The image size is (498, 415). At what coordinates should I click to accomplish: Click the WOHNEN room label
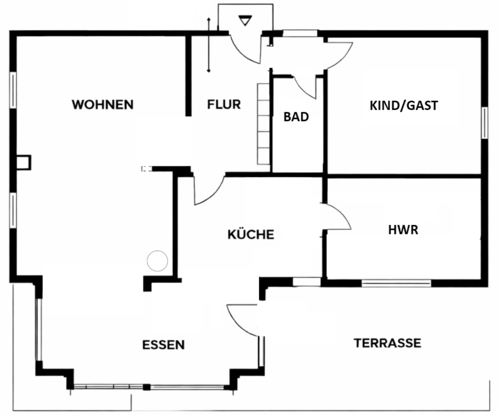103,104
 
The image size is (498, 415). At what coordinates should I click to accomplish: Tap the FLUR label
224,104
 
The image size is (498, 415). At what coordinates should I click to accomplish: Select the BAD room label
296,117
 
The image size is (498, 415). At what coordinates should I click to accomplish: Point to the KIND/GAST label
404,105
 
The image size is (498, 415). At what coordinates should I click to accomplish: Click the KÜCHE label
251,235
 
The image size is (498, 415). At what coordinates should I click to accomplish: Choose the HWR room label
403,230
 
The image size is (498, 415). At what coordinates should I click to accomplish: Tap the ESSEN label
163,345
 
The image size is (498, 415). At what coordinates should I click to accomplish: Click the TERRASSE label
387,343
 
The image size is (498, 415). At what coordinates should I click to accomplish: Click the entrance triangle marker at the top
244,21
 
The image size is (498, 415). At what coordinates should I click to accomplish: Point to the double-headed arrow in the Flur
209,45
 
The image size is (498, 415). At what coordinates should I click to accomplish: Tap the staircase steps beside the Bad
264,123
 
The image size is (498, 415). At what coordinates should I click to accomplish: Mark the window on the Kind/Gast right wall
485,123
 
